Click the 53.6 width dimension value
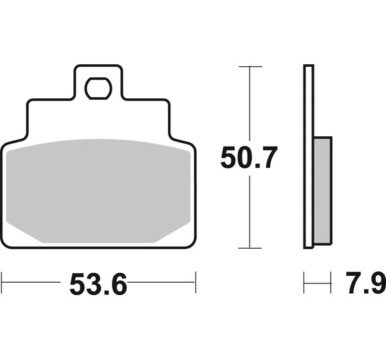[98, 283]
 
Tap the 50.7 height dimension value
[249, 157]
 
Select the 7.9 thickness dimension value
[366, 283]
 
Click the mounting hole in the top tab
[98, 88]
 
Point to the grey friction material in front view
[98, 191]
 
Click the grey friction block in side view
[323, 191]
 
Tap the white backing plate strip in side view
[309, 156]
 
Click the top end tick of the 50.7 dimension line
[250, 66]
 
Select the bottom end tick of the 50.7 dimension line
[250, 248]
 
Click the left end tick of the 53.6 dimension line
[2, 282]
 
